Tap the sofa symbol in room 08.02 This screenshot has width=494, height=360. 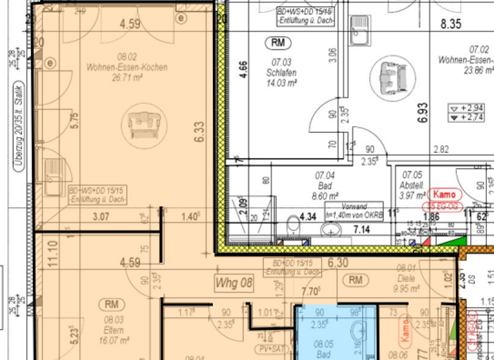[142, 123]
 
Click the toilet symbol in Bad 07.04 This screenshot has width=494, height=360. [293, 224]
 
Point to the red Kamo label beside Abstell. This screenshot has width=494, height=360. [444, 194]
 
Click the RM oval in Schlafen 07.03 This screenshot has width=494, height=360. [278, 43]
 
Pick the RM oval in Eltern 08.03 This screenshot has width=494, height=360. [111, 304]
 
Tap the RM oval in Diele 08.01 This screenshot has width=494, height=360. [355, 280]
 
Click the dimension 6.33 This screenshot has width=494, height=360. [201, 132]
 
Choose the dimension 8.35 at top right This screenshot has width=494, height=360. [450, 24]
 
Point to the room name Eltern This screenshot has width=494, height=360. [111, 318]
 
